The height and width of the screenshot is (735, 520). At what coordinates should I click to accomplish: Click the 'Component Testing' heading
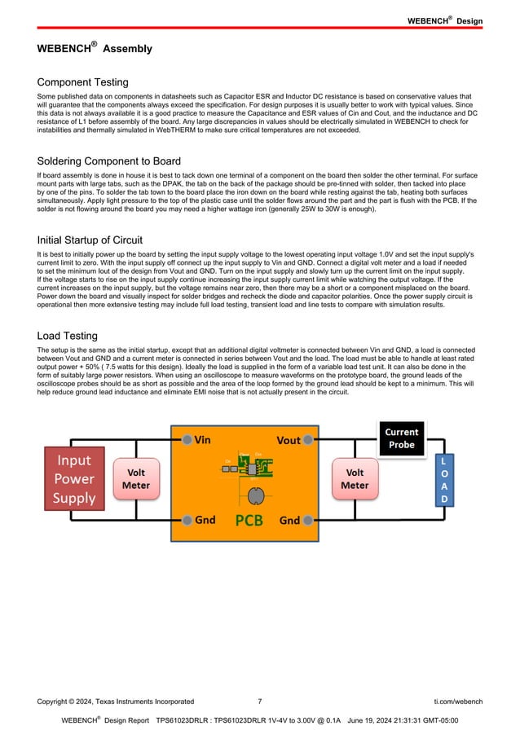(82, 82)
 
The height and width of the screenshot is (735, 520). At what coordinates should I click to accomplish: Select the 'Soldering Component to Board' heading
(109, 161)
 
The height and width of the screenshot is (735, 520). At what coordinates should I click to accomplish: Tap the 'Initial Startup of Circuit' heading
(90, 240)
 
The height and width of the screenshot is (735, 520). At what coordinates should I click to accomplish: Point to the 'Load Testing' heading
(68, 336)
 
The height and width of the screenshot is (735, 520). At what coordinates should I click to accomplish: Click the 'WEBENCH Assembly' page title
(95, 49)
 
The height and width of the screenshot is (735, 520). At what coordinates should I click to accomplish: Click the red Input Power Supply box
(74, 479)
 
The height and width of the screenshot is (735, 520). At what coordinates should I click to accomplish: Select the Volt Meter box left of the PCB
(136, 478)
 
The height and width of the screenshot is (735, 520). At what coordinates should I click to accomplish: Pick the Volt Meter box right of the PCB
(355, 478)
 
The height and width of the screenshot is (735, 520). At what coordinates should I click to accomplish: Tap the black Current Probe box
(401, 438)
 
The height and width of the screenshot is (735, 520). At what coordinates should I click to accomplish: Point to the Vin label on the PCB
(202, 440)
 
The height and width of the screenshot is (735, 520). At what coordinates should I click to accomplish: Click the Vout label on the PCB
(289, 440)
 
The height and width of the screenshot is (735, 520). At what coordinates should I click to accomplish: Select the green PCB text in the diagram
(249, 520)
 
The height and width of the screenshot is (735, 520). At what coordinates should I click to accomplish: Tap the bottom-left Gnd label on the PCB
(205, 520)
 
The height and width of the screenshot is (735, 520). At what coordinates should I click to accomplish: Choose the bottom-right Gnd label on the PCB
(289, 520)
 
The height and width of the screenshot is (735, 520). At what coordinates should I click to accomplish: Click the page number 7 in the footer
(259, 701)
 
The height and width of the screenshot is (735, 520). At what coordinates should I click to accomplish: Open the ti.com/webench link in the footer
(458, 701)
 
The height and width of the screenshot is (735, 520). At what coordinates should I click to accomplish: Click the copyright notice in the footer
(115, 701)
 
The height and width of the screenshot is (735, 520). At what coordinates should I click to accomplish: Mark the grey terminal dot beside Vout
(309, 439)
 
